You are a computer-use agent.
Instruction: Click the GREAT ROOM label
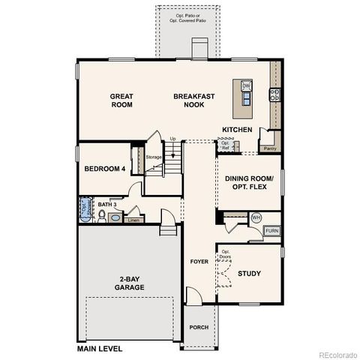[121, 100]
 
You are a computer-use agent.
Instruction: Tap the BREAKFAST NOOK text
[194, 100]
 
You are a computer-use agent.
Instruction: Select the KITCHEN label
[237, 130]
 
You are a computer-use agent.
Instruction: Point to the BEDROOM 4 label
[103, 169]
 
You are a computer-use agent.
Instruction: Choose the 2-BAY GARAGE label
[129, 283]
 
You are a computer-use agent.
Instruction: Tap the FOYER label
[199, 262]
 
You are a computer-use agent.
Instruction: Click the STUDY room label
[249, 274]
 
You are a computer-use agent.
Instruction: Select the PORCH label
[199, 327]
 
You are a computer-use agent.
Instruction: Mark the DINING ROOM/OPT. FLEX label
[249, 184]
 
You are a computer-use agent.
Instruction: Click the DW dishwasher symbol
[246, 86]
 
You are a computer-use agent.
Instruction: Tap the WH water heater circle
[256, 217]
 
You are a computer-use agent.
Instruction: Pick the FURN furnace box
[271, 231]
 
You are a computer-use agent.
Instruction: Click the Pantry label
[269, 148]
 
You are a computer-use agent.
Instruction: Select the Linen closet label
[134, 220]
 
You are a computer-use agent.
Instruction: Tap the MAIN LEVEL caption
[101, 349]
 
